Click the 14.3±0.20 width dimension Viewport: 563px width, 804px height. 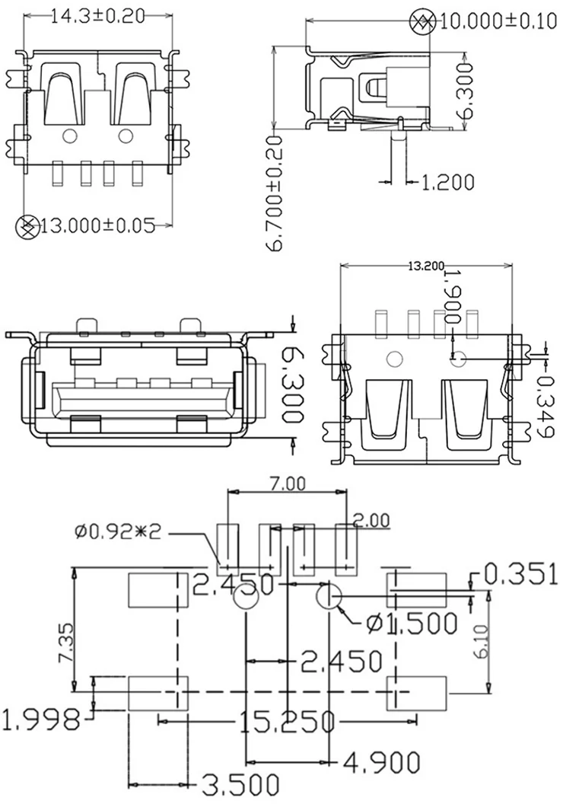pos(97,16)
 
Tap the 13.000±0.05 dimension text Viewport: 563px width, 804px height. pos(97,225)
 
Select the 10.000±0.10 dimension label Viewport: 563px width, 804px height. pos(498,21)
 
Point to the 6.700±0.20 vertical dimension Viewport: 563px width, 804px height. pos(275,194)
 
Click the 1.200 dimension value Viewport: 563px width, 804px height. pos(447,182)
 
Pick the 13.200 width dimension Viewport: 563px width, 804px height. pos(426,266)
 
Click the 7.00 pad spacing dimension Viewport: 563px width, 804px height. pos(288,483)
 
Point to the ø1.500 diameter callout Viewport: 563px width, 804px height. pos(412,623)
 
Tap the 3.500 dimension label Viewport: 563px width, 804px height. pos(240,784)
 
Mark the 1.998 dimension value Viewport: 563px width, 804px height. pos(41,719)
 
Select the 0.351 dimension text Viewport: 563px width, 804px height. pos(520,574)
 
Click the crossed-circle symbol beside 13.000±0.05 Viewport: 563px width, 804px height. pos(27,227)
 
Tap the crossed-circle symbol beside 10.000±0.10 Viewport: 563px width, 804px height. pos(423,22)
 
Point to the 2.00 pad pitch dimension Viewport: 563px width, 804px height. pos(372,521)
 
